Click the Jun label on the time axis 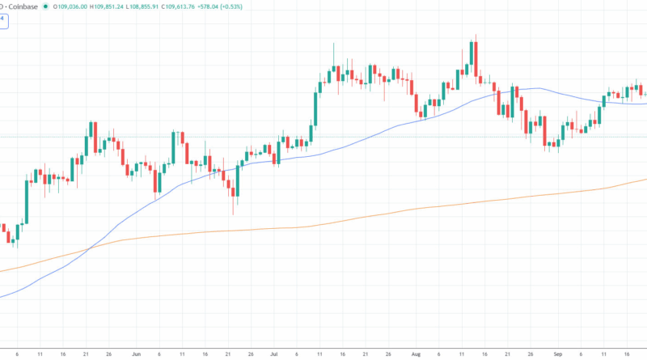point(135,354)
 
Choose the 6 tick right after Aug point(439,354)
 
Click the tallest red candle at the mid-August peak point(477,61)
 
